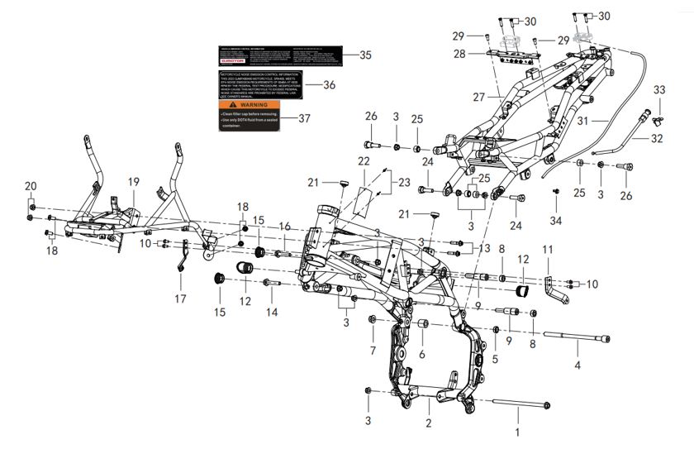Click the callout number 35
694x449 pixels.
(366, 55)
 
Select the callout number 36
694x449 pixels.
(329, 85)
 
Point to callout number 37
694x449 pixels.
(304, 118)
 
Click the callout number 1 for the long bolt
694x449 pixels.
(518, 432)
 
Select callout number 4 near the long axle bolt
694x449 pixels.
(578, 365)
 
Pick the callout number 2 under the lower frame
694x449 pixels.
(428, 423)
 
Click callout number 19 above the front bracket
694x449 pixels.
(134, 181)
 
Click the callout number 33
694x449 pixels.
(658, 89)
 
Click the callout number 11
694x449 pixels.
(546, 249)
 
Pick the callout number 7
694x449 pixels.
(372, 351)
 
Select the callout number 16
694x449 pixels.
(284, 227)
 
